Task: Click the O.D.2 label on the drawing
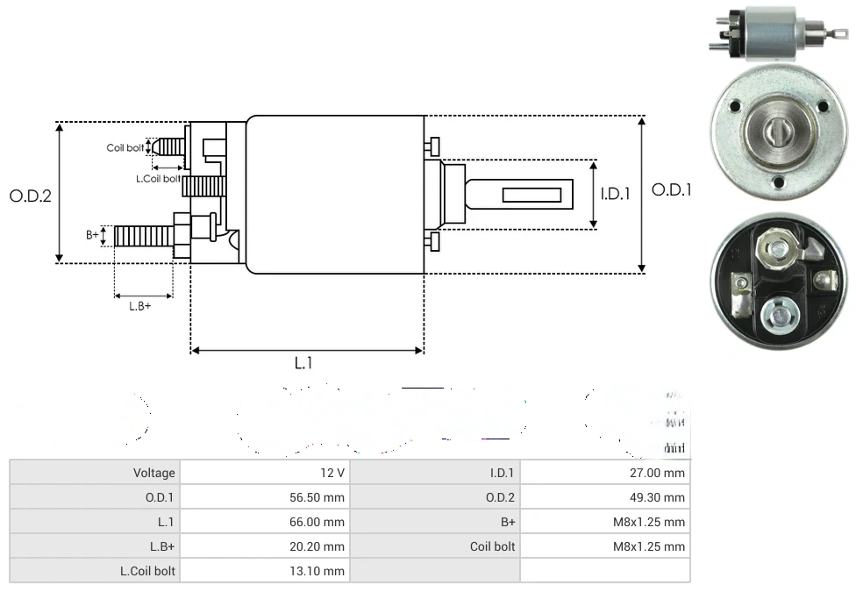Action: [31, 196]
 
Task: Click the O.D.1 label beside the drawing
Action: [672, 189]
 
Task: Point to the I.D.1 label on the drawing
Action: [615, 194]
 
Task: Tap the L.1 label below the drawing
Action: [303, 363]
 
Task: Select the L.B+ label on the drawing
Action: [139, 306]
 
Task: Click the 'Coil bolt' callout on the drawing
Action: [125, 147]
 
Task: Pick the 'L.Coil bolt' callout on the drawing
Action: [158, 179]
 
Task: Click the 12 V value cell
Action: [332, 473]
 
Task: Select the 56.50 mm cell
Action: [322, 497]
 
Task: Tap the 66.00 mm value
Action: [322, 522]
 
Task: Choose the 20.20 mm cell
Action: [322, 546]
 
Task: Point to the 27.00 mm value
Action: [662, 473]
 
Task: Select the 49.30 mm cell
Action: [662, 497]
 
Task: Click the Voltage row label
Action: [154, 473]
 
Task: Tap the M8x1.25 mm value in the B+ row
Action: [649, 522]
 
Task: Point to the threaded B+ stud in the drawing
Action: [144, 236]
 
